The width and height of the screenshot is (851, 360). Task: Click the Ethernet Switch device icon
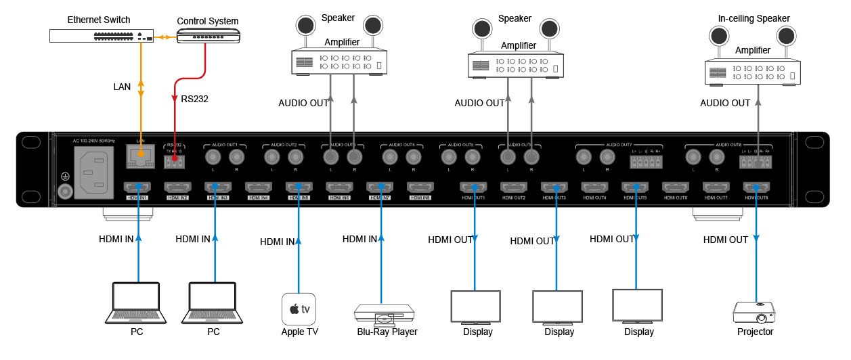click(102, 36)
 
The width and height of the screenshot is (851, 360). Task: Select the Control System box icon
click(208, 36)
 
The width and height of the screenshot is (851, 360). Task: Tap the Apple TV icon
click(299, 309)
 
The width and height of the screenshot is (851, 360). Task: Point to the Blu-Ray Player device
click(384, 313)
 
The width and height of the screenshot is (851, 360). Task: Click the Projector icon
click(754, 313)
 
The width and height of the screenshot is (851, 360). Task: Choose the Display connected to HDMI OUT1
click(476, 307)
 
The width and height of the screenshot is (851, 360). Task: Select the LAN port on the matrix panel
click(140, 158)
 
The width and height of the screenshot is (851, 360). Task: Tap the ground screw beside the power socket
click(65, 192)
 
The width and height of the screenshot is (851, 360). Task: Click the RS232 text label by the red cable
click(194, 99)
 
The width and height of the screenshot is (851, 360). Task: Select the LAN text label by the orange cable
click(122, 87)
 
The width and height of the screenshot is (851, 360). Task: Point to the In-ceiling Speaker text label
click(754, 18)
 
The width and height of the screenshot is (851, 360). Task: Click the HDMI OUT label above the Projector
click(725, 240)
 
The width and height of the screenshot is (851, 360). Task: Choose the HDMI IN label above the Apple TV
click(278, 242)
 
